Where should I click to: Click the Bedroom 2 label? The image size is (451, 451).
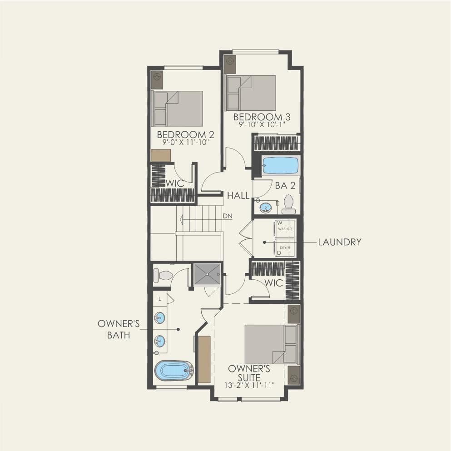coord(185,134)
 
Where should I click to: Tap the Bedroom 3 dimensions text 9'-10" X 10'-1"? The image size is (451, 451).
coord(262,124)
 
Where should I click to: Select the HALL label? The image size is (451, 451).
coord(238,196)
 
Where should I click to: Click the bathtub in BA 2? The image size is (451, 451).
coord(281,165)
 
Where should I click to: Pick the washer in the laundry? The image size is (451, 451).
coord(284,229)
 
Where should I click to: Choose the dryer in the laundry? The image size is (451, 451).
coord(284,248)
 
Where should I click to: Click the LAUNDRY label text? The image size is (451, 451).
coord(340,242)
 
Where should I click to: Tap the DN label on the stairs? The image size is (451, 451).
coord(228,216)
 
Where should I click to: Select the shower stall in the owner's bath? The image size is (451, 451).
coord(207,274)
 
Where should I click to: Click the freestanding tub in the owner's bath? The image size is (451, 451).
coord(174,371)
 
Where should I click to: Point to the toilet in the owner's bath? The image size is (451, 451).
coord(163,275)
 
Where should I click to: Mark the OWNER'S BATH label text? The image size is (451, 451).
coord(119,329)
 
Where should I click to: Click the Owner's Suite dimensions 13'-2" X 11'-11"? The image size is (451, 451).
coord(249,385)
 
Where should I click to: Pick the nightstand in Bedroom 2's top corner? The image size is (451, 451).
coord(157,80)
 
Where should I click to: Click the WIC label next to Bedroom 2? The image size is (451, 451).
coord(174,183)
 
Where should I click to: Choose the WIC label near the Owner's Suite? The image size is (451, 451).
coord(274,283)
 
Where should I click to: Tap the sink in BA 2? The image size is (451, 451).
coord(265,208)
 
